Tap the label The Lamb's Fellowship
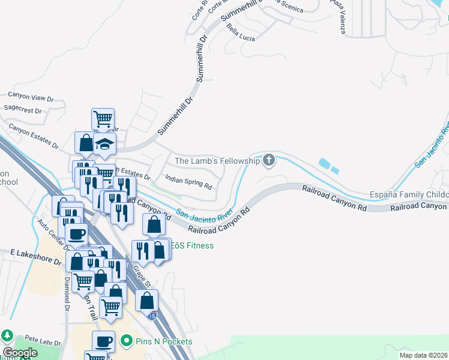(x=217, y=161)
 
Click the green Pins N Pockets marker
(x=126, y=341)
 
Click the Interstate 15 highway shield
(x=154, y=316)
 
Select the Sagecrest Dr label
(x=22, y=111)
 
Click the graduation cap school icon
(x=104, y=144)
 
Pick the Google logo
(x=20, y=353)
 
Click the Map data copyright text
(x=424, y=355)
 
